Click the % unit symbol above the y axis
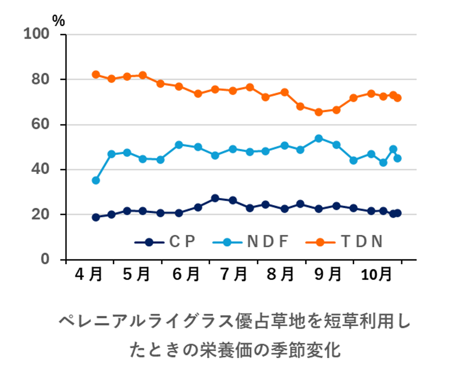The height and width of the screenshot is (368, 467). pos(59,20)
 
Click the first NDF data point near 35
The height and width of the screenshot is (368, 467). pos(95,180)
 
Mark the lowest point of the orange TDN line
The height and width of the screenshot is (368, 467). pos(319,112)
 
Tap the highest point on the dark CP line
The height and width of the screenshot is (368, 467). pos(215,198)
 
